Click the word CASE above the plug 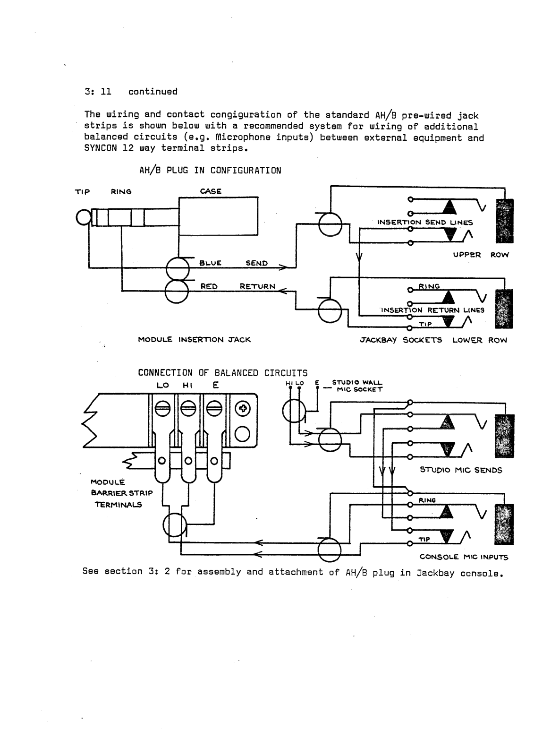[211, 191]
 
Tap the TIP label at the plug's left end [82, 192]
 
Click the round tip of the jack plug [83, 217]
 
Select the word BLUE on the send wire [210, 263]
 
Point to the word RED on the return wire [209, 286]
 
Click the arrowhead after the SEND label [283, 267]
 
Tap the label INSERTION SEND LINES [425, 222]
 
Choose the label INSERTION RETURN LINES [432, 310]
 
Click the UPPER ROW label [481, 255]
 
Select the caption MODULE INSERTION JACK [195, 339]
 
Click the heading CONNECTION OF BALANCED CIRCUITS [223, 373]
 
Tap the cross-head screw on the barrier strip [243, 409]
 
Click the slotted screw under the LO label [162, 409]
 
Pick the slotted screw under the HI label [188, 409]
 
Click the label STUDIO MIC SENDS [461, 470]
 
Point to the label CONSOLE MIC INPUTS [464, 557]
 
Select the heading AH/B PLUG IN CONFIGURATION [210, 171]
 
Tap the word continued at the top [153, 92]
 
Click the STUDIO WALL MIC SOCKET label [357, 386]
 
